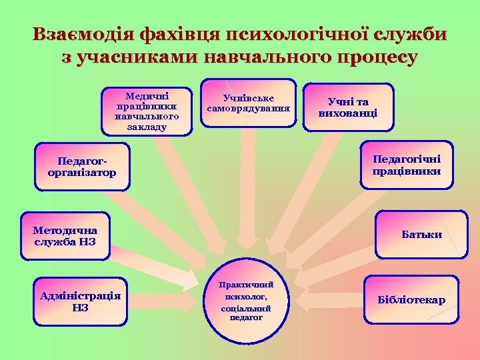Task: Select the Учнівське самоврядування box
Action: pos(249,103)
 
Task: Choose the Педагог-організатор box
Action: pos(82,167)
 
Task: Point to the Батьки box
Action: pos(421,235)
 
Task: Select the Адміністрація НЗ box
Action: pos(81,301)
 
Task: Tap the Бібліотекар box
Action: pos(411,300)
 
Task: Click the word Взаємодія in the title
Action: pos(81,35)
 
